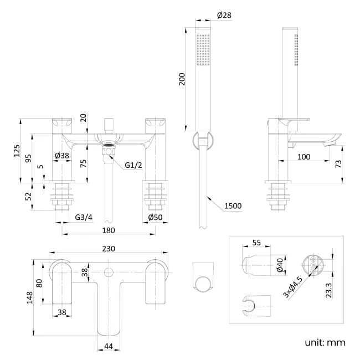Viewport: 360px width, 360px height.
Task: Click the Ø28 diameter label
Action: [x=223, y=16]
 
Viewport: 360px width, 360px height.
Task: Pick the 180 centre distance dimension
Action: [x=109, y=230]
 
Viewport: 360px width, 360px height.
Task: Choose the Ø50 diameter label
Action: [x=156, y=218]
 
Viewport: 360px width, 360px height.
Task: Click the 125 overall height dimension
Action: [x=17, y=150]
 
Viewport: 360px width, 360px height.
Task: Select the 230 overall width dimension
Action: [x=109, y=249]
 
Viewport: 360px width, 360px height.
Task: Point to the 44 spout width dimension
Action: [x=109, y=346]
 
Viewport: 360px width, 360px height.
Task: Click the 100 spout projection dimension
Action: [x=303, y=157]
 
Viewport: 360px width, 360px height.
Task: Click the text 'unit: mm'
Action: [x=325, y=342]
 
